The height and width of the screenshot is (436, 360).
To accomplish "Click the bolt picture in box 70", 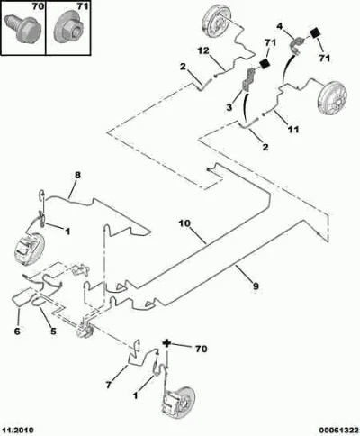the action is coord(23,28).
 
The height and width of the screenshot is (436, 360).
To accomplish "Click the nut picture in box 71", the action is coord(69,29).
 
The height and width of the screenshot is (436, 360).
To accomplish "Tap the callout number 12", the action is coord(203,50).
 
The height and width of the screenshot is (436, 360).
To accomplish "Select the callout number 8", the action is coord(77,175).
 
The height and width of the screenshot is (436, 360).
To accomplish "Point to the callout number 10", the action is coord(184,223).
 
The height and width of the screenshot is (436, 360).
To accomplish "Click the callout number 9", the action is coord(256,286).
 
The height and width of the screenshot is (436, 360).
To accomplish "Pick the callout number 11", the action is coord(293,130).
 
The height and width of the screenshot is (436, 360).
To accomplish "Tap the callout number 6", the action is coord(17,332).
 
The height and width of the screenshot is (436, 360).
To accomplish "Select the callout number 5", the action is coord(53,332).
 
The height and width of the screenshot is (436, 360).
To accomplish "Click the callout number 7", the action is coord(109,385).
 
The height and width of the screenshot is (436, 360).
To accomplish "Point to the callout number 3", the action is coord(229,107).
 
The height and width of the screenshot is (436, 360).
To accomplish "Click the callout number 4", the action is coord(280,26).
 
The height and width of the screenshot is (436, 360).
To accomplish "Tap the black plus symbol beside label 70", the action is coord(167,343).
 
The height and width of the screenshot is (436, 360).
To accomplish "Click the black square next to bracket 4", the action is coord(315,32).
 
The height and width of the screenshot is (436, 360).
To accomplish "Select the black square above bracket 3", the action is coord(265,64).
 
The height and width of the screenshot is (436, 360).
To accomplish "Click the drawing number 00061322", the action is coord(338,431).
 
